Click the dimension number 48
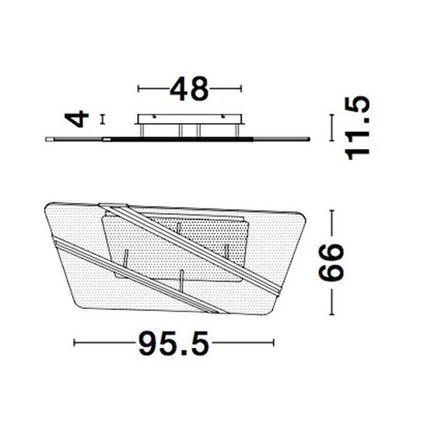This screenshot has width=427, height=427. (x=189, y=90)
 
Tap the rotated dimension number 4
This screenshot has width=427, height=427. (x=78, y=119)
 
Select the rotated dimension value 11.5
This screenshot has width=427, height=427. (x=357, y=128)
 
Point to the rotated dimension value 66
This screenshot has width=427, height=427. (x=332, y=262)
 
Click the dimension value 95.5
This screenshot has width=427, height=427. (x=173, y=344)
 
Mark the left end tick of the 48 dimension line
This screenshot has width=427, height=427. (x=139, y=90)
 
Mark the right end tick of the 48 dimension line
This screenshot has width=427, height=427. (x=241, y=90)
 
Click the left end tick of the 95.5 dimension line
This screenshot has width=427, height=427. (x=75, y=344)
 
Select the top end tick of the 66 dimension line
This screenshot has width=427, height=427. (x=332, y=212)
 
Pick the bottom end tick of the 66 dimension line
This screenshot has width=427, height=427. (x=332, y=314)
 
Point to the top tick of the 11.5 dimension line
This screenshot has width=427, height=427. (x=332, y=116)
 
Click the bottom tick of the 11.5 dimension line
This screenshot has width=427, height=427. (x=332, y=140)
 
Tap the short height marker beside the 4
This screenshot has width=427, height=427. (x=102, y=119)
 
